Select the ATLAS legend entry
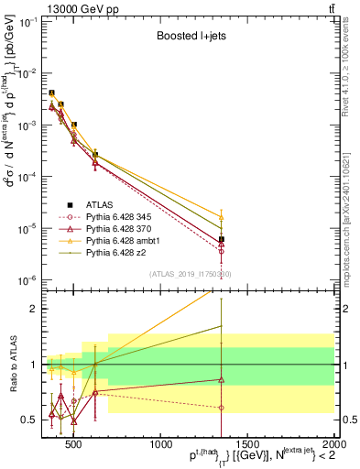[x=100, y=204]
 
